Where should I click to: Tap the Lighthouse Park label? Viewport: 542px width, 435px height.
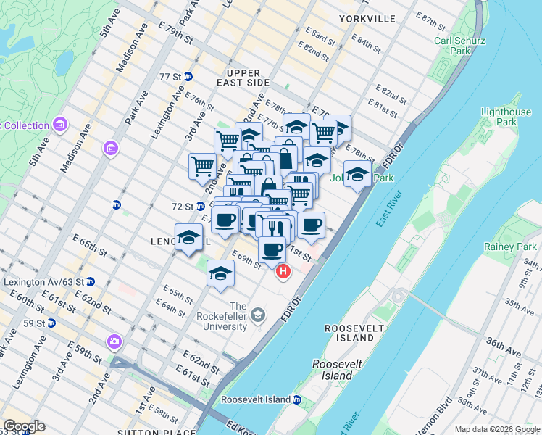[506, 117]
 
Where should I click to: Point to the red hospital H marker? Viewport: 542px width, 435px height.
[283, 272]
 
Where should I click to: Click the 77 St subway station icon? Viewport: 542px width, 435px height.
[188, 76]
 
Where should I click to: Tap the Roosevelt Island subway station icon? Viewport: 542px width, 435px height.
[297, 399]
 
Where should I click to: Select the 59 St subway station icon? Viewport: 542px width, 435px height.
[51, 323]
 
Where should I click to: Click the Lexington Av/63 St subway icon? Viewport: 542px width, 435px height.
[91, 281]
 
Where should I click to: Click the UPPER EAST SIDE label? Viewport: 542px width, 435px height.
[247, 78]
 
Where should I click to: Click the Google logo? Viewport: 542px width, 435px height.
[24, 426]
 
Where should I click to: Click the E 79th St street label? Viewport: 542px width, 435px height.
[178, 35]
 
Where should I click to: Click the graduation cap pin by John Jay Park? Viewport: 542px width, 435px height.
[357, 174]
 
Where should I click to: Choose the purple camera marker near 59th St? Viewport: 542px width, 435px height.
[114, 341]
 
